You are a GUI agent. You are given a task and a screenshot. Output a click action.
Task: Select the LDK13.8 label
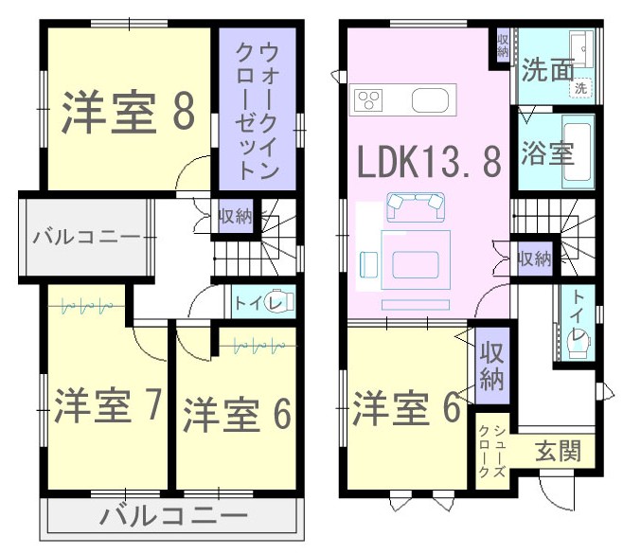click(x=429, y=161)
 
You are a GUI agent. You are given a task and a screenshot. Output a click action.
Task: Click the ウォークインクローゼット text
click(x=258, y=112)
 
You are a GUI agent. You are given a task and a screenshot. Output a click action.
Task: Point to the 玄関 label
click(x=559, y=451)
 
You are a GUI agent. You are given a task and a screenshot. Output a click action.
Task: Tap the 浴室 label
click(x=547, y=153)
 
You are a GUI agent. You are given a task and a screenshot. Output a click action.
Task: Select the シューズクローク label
click(x=492, y=451)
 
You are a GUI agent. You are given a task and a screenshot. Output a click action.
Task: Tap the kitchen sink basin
click(x=430, y=100)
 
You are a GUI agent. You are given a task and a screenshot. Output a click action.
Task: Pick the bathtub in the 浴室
click(x=578, y=152)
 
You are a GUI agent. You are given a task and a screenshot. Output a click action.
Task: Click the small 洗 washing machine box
click(x=580, y=87)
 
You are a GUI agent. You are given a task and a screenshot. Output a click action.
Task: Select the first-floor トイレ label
click(x=578, y=315)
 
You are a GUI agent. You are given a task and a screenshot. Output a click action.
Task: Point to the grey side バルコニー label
click(x=86, y=238)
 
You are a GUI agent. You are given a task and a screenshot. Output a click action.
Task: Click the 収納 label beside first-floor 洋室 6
click(x=492, y=366)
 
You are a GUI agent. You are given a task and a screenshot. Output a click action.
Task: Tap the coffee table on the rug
click(x=416, y=264)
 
